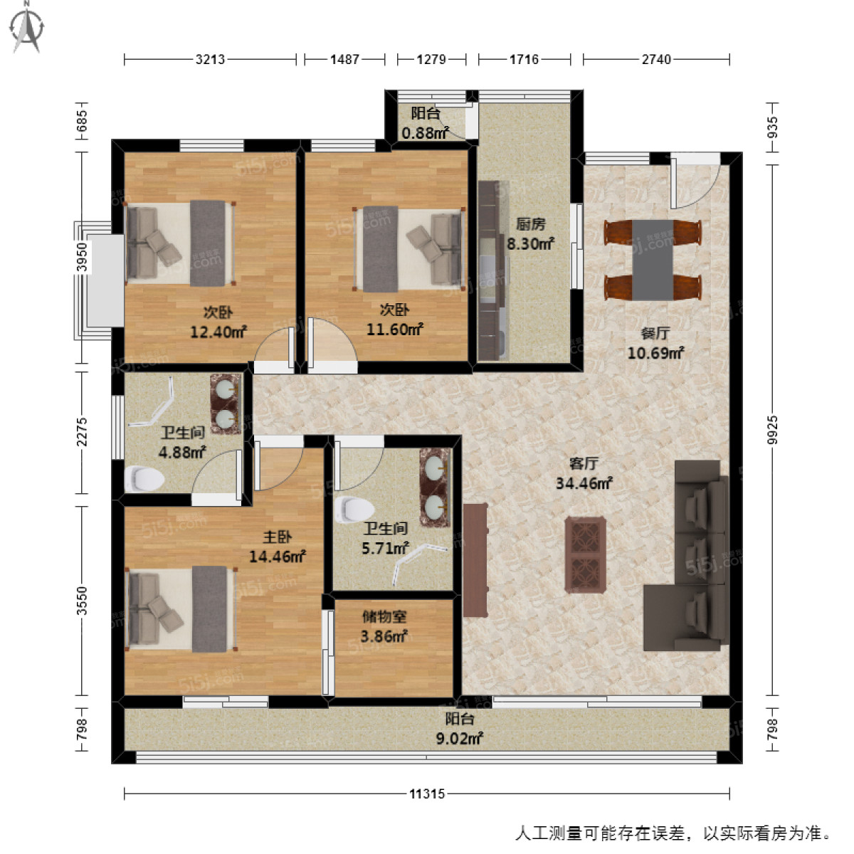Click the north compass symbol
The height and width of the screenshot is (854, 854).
pos(27,28)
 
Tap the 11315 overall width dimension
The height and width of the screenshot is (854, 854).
pos(427,794)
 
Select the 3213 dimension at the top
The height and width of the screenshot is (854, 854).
pos(210,60)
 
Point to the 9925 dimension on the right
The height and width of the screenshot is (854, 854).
pos(773,430)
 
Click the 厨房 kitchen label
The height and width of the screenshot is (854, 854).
pos(530,224)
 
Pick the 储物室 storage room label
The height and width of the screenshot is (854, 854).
pos(384,617)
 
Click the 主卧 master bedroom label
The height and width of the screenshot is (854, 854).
pos(277,537)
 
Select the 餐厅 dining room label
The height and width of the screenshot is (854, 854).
pos(655,333)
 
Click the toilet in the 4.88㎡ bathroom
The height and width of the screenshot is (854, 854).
pos(144,478)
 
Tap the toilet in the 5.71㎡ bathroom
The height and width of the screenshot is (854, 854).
pos(356,509)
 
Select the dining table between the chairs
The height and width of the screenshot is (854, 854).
pos(653,260)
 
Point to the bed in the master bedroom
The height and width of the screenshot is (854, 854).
pos(181,609)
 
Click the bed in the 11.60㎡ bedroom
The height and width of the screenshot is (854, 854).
pos(408,250)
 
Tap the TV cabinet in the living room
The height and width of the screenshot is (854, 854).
pos(475,560)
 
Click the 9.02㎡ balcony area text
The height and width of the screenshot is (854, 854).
pos(459,739)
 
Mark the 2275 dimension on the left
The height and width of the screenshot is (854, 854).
pos(83,432)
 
